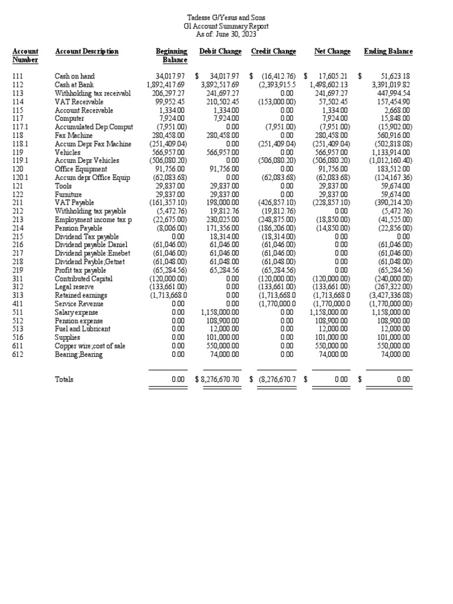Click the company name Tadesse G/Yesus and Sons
coord(226,18)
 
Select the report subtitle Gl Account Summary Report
coord(226,27)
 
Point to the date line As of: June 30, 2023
coord(226,35)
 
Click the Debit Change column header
coord(220,51)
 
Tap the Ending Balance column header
coord(388,51)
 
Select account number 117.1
coord(20,127)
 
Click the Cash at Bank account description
coord(74,84)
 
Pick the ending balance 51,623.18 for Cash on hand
coord(395,76)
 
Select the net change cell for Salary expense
coord(330,312)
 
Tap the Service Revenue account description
coord(79,304)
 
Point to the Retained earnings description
coord(81,296)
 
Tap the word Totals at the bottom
coord(64,380)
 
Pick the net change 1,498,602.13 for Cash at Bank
coord(329,84)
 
